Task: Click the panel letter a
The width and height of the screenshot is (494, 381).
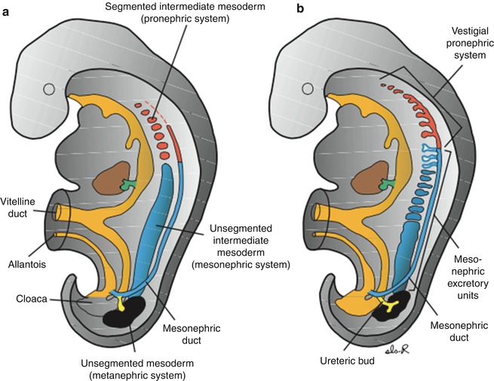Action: click(x=7, y=9)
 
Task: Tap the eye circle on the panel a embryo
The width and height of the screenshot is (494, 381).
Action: click(x=49, y=90)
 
